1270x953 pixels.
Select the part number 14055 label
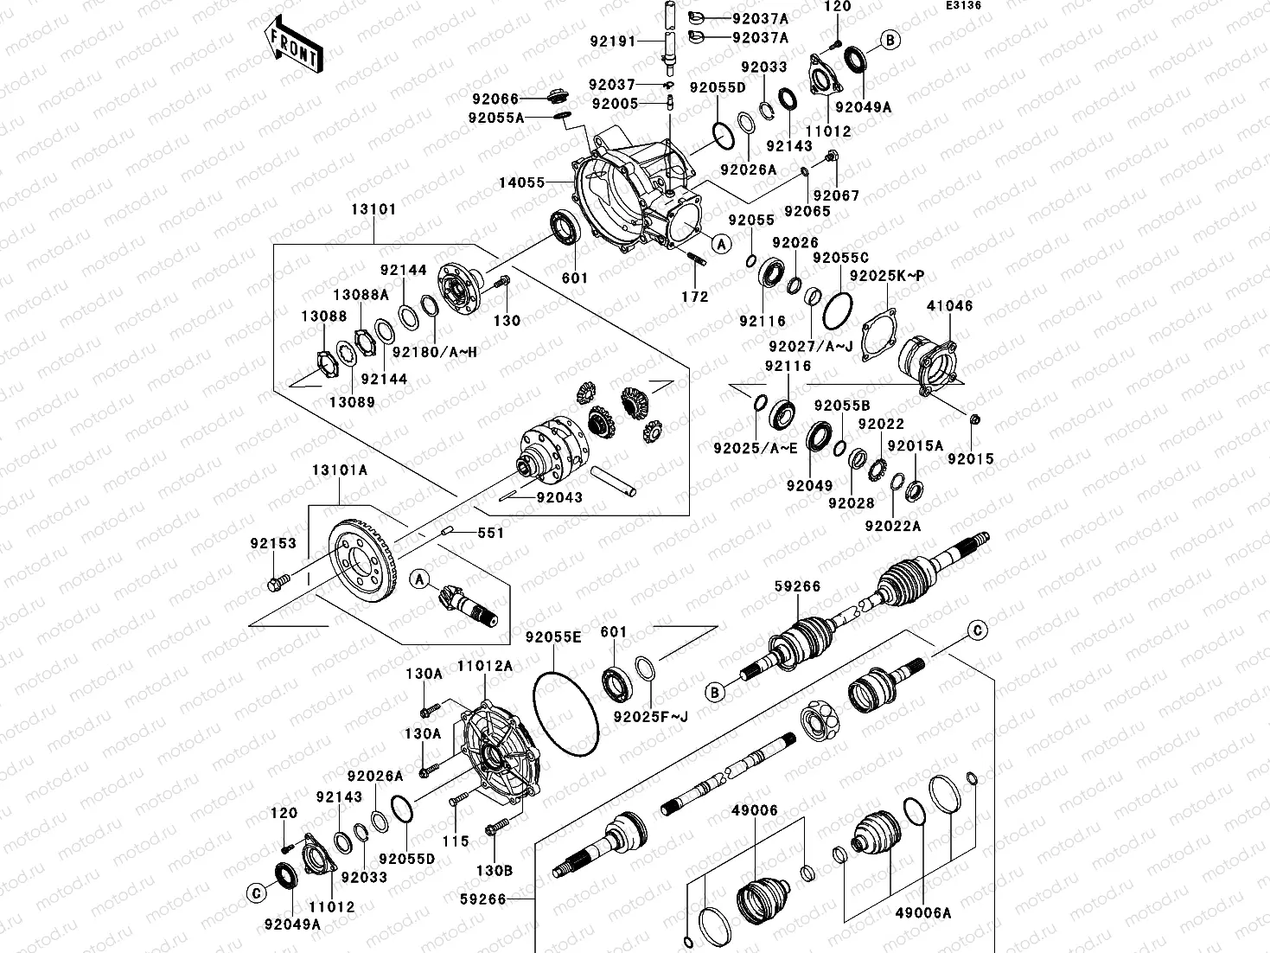522,182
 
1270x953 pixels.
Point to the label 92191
613,42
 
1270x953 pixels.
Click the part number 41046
949,306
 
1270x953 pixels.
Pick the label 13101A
340,470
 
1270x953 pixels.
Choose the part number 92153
273,544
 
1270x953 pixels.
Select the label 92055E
553,637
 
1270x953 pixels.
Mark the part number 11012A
485,666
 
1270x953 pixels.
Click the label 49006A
922,912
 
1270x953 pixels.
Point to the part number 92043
559,498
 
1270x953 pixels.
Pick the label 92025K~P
887,276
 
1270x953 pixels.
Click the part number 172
694,297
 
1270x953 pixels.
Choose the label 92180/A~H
435,352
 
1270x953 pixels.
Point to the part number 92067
836,195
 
